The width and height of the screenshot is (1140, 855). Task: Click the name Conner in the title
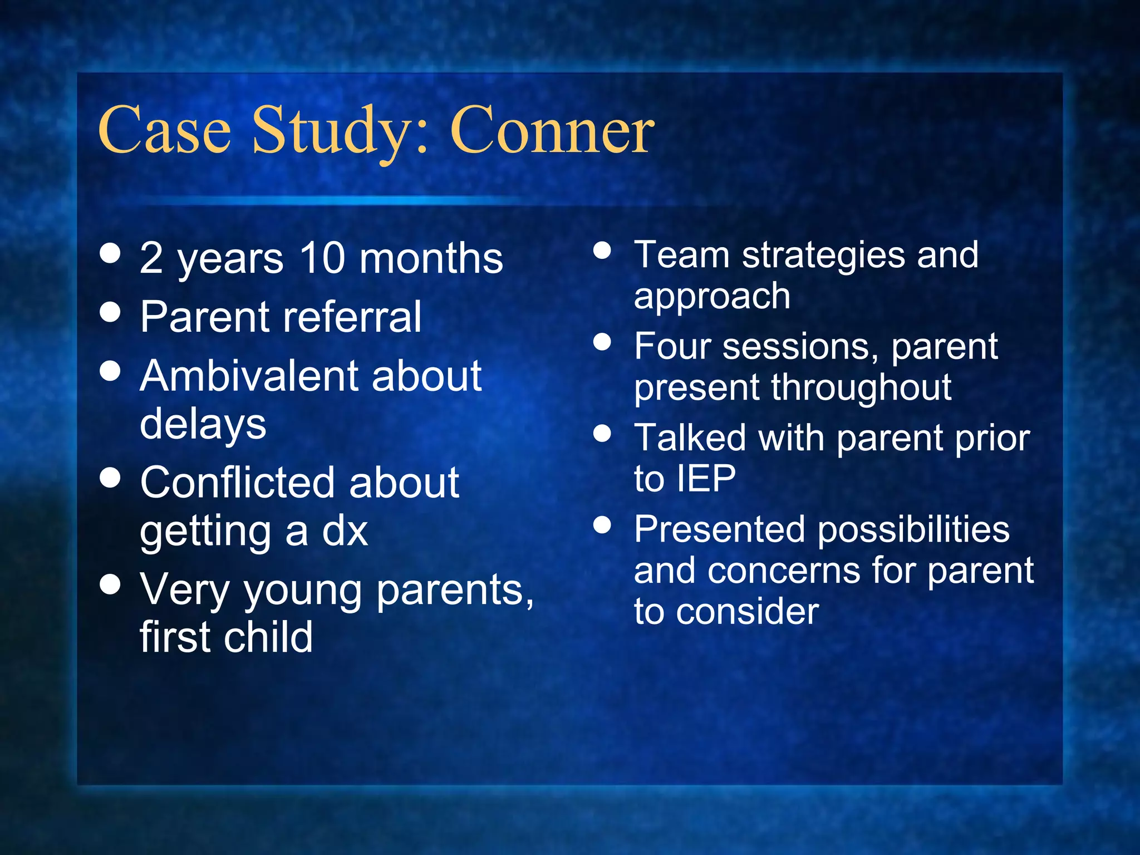click(x=552, y=131)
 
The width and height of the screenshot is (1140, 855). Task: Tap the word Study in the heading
click(x=331, y=131)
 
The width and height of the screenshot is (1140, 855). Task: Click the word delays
click(x=203, y=424)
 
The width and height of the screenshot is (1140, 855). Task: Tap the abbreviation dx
click(x=345, y=531)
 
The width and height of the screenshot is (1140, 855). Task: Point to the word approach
click(x=712, y=297)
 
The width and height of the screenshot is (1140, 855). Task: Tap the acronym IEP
click(x=707, y=479)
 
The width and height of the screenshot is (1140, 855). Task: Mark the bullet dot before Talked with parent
click(x=602, y=433)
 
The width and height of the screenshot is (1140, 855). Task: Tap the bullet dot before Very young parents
click(x=111, y=584)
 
